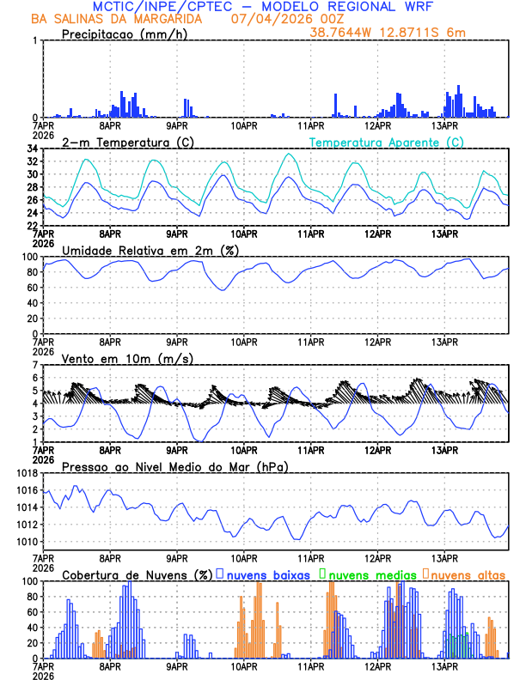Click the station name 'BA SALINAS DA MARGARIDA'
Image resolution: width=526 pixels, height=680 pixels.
coord(118,19)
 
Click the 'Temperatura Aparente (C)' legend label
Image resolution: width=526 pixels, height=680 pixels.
coord(387,142)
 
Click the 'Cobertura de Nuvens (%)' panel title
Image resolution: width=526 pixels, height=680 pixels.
coord(137,574)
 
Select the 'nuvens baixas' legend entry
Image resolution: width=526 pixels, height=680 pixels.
coord(266,574)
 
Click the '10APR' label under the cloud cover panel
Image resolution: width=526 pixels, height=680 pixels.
coord(243,665)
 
